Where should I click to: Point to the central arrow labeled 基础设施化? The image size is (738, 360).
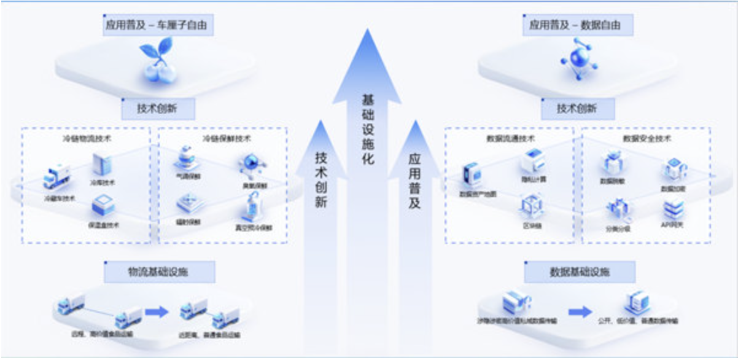click(x=367, y=123)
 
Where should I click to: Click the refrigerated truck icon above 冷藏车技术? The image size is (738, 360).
click(x=57, y=177)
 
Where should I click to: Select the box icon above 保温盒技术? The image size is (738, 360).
click(x=103, y=206)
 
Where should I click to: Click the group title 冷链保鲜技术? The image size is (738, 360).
click(x=227, y=139)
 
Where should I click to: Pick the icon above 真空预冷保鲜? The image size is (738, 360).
click(x=254, y=207)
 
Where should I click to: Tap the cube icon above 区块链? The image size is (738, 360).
click(x=531, y=205)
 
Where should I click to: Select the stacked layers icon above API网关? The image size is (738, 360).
click(x=674, y=209)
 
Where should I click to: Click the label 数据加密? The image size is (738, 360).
click(x=673, y=189)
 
